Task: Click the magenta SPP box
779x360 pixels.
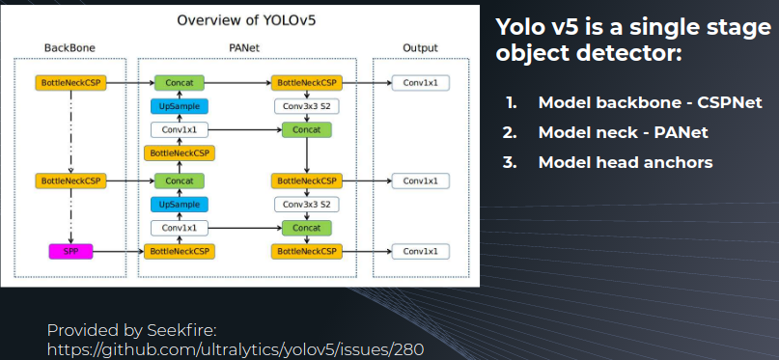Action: coord(70,252)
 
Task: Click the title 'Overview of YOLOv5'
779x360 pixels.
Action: coord(246,20)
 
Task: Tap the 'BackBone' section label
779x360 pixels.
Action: coord(70,48)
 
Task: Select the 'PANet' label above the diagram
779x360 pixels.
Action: coord(244,48)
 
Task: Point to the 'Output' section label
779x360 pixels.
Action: coord(420,48)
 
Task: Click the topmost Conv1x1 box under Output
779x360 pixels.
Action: coord(420,83)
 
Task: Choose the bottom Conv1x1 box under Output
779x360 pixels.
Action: coord(420,251)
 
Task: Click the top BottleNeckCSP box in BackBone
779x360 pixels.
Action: coord(70,83)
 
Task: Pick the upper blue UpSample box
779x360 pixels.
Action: coord(179,106)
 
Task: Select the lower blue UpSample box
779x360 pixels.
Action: coord(179,205)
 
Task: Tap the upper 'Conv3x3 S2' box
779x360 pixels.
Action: coord(307,106)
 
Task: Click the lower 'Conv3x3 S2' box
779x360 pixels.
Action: coord(307,205)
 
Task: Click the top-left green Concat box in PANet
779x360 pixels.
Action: coord(179,83)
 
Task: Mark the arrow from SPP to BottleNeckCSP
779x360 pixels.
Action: coord(118,252)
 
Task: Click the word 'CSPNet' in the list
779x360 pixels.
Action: coord(730,102)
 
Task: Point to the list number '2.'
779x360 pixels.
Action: coord(510,132)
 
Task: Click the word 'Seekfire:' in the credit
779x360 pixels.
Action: coord(181,330)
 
